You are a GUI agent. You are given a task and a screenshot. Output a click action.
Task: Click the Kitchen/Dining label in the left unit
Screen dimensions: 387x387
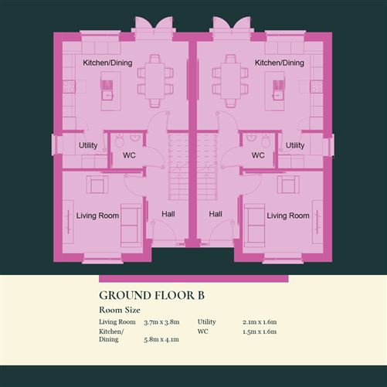(107, 63)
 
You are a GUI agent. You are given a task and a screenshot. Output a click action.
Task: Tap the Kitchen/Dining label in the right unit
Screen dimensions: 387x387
(280, 63)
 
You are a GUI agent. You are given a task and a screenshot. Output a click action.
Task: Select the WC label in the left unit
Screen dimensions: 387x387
(129, 155)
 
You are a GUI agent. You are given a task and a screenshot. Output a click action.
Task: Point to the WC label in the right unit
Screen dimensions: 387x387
(258, 155)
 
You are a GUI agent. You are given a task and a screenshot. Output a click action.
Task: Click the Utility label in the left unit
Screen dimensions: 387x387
(88, 145)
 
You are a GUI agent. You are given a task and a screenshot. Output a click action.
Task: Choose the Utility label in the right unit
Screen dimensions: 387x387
(295, 145)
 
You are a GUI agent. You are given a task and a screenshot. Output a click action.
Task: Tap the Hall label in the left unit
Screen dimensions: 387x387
(168, 214)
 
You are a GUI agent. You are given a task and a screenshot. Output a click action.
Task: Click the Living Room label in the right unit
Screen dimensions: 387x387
(288, 216)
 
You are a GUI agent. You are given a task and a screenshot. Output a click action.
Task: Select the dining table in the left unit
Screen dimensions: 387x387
(155, 81)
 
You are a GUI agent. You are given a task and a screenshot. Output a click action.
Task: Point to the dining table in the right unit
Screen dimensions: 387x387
(231, 81)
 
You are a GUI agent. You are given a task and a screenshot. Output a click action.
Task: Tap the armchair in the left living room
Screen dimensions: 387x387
(97, 185)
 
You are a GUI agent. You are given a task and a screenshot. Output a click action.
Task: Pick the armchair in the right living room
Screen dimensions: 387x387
(288, 185)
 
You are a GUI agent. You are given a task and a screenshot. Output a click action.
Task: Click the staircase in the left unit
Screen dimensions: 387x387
(178, 167)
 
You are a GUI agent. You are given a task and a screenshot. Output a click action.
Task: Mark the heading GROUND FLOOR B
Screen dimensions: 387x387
(152, 295)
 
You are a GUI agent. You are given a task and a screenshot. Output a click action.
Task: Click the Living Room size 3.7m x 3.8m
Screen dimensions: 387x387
(161, 322)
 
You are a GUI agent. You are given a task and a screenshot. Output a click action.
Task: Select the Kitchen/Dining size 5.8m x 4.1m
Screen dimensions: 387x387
(161, 339)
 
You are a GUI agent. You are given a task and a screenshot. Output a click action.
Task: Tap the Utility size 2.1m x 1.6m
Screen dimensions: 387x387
(260, 322)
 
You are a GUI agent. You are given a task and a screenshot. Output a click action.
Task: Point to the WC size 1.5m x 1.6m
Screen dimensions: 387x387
(260, 331)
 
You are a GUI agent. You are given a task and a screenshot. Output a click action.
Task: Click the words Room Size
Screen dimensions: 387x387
(120, 310)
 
